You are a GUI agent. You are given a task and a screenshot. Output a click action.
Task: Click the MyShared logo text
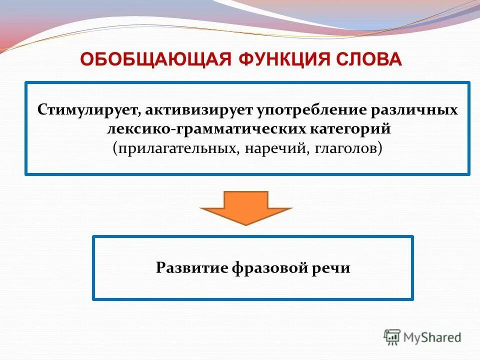pos(432,337)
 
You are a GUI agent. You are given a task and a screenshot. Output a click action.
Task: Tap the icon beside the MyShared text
pos(392,337)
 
